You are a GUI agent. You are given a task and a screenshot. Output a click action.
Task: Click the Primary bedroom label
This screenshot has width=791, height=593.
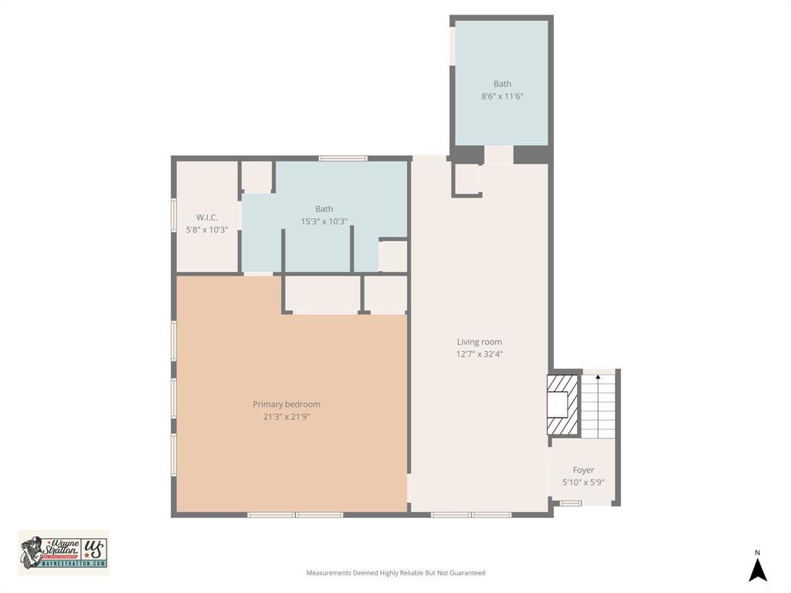[x=286, y=404]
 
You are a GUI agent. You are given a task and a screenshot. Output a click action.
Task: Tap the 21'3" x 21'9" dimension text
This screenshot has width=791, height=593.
[x=286, y=417]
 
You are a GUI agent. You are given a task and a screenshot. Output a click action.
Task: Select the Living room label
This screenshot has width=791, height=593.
[x=479, y=342]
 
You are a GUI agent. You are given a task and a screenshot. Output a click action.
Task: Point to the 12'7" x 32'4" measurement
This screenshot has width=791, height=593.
[x=479, y=354]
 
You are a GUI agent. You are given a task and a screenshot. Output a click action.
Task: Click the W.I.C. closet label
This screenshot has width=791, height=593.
[x=207, y=217]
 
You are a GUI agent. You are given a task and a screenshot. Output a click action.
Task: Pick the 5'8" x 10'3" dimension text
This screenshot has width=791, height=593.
[x=207, y=229]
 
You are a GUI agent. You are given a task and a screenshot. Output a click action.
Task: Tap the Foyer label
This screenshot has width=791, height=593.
[x=583, y=469]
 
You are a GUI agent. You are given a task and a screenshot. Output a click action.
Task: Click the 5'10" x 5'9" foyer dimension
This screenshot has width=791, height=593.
[x=583, y=483]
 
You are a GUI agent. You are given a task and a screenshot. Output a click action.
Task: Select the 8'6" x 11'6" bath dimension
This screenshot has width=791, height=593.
[x=502, y=97]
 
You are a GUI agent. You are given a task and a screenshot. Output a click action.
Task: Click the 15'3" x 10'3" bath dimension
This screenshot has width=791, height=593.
[x=324, y=222]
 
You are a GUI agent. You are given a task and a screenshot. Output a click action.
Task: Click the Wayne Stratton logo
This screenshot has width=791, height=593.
[x=63, y=552]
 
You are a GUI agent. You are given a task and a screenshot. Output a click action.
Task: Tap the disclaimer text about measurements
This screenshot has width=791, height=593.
[x=395, y=573]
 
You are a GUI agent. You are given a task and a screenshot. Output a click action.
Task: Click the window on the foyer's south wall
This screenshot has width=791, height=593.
[x=571, y=503]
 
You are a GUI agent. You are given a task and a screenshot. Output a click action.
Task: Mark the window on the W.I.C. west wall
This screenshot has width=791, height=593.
[x=174, y=215]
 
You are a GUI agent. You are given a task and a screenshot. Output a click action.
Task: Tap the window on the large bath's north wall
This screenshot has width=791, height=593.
[x=342, y=158]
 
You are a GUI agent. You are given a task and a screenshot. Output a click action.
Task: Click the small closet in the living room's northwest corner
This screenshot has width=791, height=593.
[x=467, y=179]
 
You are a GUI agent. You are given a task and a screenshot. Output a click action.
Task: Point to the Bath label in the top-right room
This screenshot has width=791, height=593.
[x=502, y=83]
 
